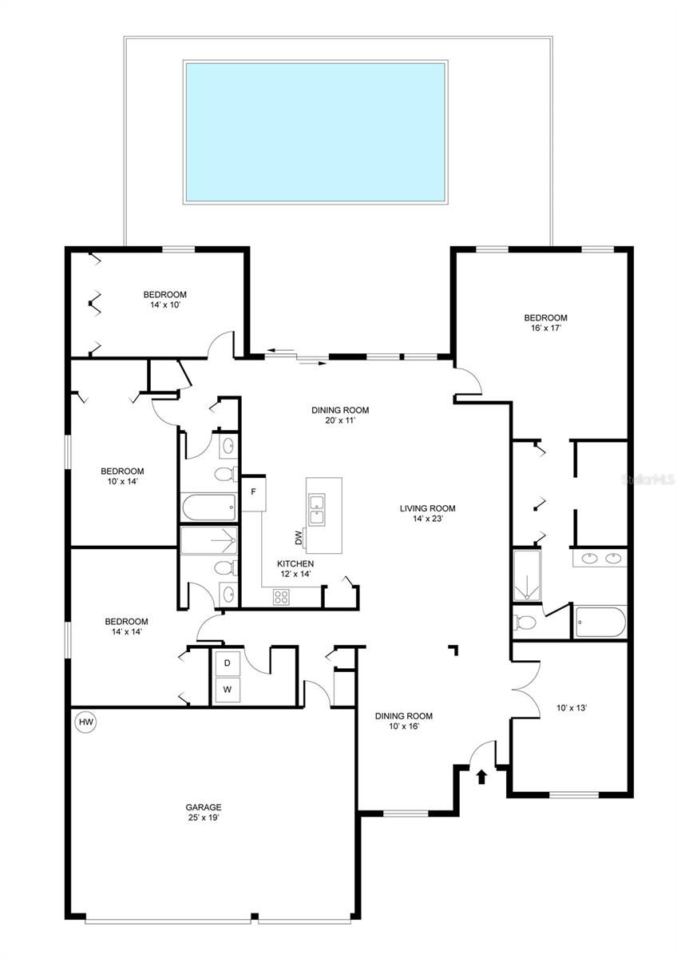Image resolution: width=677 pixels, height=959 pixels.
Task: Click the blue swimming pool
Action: (315, 133)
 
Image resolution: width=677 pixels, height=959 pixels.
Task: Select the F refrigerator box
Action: (254, 492)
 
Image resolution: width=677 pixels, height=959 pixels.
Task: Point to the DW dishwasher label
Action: (299, 538)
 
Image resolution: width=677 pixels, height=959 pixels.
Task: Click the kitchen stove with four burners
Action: (281, 597)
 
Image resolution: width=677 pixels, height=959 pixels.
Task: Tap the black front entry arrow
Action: (481, 777)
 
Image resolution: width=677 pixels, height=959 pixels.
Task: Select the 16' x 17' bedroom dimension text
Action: (546, 328)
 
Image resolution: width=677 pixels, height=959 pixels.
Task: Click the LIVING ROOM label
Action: (428, 508)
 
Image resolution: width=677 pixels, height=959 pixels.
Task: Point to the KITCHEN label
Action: (295, 564)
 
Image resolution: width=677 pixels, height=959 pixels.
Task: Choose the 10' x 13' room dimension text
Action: (572, 708)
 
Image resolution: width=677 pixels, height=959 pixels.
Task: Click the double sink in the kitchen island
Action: (317, 509)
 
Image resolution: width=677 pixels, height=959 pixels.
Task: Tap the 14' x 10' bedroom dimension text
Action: (165, 305)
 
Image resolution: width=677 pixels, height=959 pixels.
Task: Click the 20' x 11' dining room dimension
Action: (340, 420)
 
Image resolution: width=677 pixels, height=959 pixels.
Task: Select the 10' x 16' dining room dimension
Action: (404, 726)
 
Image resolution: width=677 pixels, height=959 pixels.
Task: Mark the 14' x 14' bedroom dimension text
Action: (127, 631)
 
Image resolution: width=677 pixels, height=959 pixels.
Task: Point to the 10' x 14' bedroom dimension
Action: (122, 481)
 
